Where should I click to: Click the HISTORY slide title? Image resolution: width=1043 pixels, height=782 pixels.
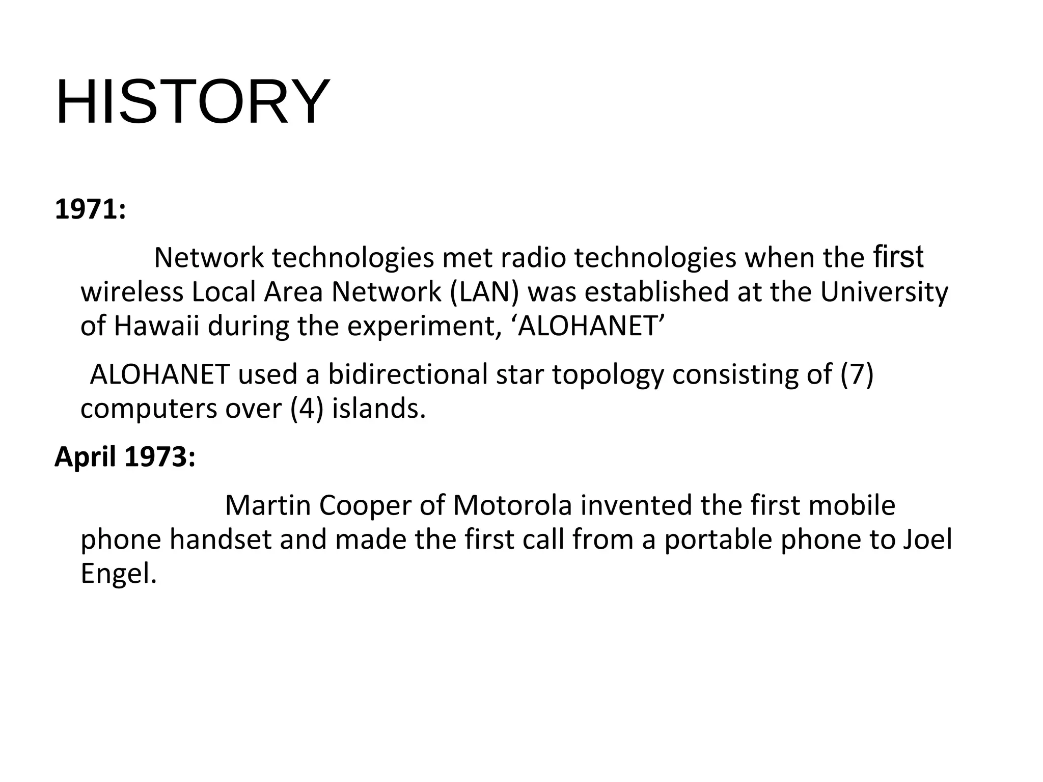click(193, 101)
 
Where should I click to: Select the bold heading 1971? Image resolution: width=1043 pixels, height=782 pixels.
click(90, 209)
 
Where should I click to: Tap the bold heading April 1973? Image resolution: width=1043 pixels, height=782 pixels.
click(125, 456)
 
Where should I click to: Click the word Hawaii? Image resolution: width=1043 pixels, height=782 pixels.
click(156, 326)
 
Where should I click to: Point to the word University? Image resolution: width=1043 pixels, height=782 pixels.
click(884, 292)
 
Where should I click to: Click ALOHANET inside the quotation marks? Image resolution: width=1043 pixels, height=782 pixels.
click(591, 326)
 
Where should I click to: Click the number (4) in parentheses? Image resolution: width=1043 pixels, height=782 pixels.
click(307, 409)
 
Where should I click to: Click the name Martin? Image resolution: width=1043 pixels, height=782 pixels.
click(268, 505)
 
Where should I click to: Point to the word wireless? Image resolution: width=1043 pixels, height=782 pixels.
click(132, 292)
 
